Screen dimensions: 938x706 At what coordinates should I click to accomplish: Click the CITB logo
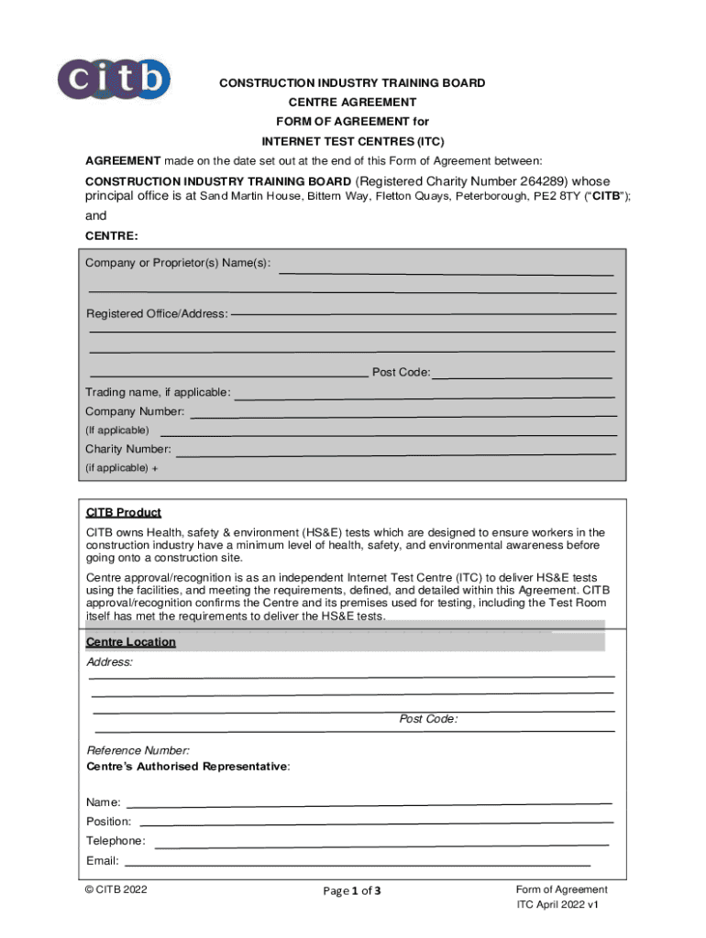(x=114, y=79)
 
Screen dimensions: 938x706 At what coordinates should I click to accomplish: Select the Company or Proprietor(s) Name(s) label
(x=178, y=264)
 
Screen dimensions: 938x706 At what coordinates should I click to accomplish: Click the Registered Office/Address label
(x=157, y=314)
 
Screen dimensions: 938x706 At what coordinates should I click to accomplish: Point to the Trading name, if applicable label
(x=158, y=393)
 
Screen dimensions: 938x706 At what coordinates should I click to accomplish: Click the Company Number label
(x=135, y=412)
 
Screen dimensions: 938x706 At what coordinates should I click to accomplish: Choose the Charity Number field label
(x=128, y=450)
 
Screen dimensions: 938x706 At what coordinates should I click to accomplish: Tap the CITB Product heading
(x=124, y=513)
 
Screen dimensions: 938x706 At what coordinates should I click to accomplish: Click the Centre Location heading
(x=131, y=642)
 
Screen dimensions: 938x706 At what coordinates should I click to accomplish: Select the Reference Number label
(x=138, y=751)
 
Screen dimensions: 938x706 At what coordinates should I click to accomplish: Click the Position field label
(x=109, y=822)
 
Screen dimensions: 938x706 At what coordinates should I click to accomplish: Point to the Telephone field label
(x=116, y=841)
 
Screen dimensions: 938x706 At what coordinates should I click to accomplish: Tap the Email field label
(x=103, y=861)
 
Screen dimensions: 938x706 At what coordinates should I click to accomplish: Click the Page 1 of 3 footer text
(x=352, y=891)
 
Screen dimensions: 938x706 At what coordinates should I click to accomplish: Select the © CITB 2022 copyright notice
(x=116, y=889)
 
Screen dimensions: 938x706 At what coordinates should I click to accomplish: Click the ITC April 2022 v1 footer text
(x=557, y=905)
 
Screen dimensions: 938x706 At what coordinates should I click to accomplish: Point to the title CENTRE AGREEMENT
(x=352, y=103)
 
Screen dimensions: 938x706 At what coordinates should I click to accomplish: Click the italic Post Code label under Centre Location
(x=428, y=719)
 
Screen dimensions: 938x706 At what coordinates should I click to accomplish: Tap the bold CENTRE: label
(x=112, y=236)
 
